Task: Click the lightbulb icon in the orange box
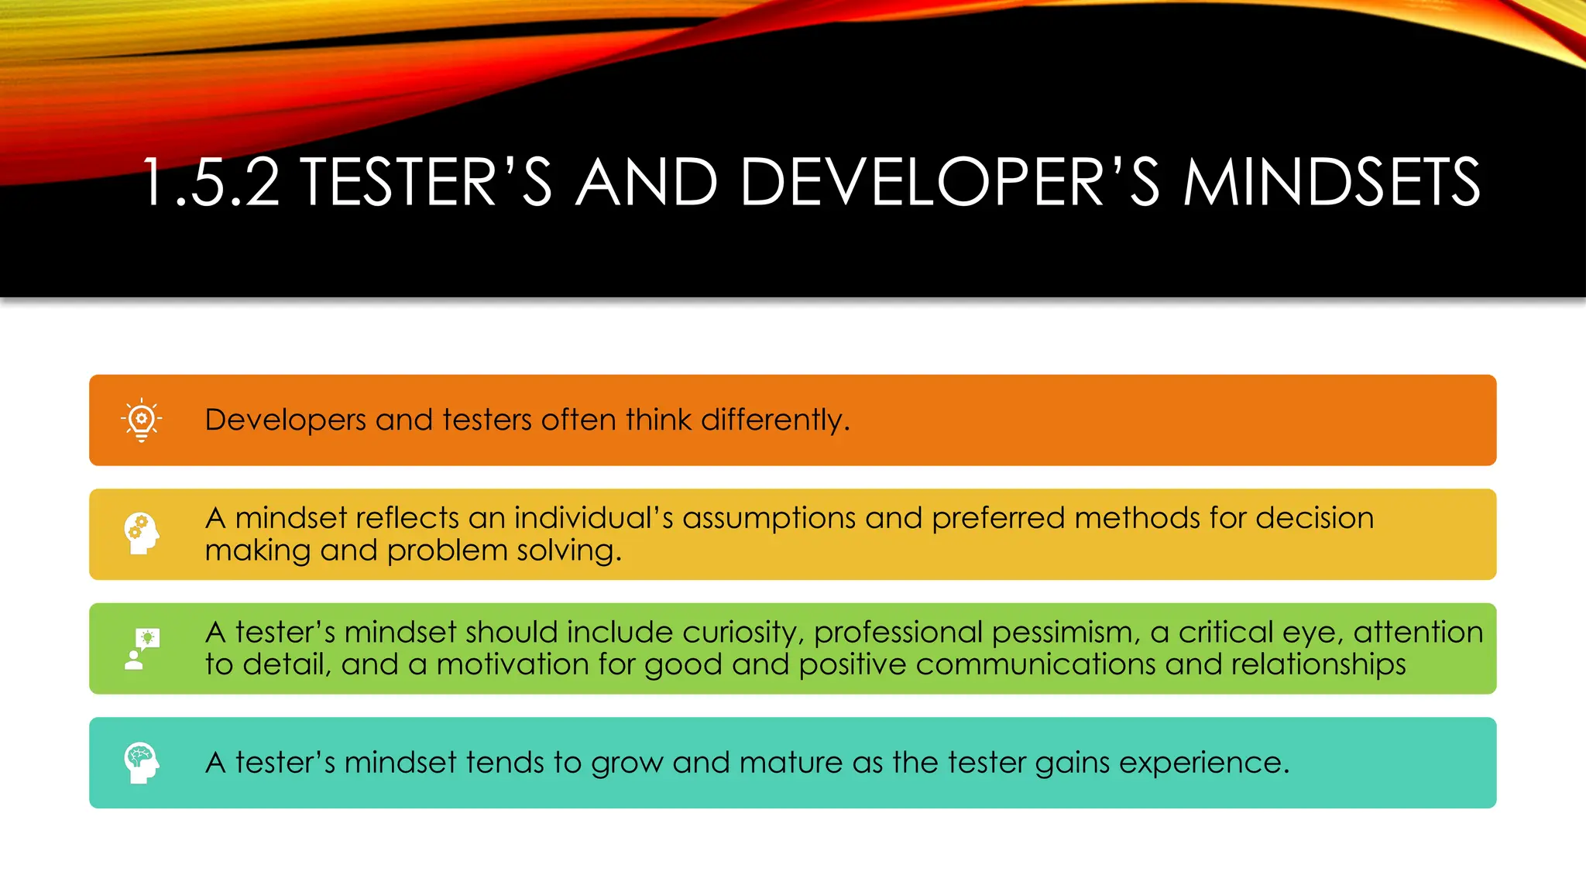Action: pyautogui.click(x=142, y=420)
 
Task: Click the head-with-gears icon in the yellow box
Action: pyautogui.click(x=142, y=533)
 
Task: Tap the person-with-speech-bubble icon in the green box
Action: pyautogui.click(x=142, y=649)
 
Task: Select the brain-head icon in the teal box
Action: pyautogui.click(x=142, y=763)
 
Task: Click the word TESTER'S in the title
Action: pyautogui.click(x=427, y=183)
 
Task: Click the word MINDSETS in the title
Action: pyautogui.click(x=1331, y=183)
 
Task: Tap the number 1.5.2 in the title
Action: pyautogui.click(x=211, y=183)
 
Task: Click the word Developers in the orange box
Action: pyautogui.click(x=285, y=420)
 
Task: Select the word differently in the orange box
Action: pyautogui.click(x=774, y=420)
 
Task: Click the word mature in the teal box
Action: pyautogui.click(x=791, y=763)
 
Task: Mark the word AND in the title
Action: pyautogui.click(x=647, y=183)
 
